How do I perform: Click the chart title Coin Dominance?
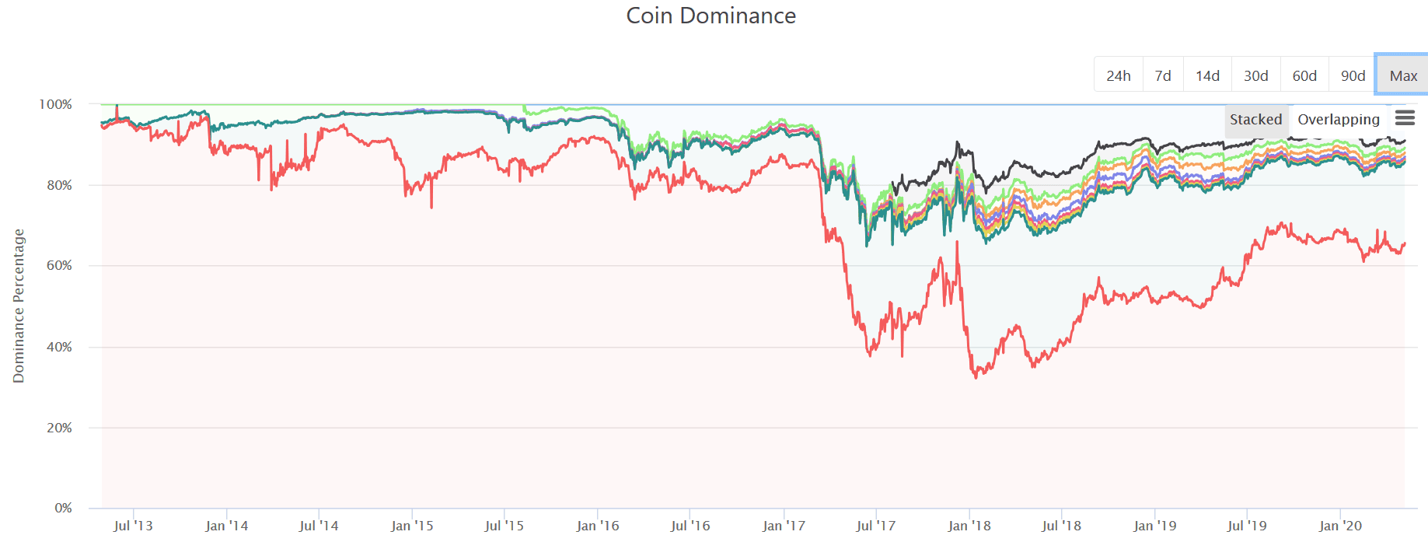[711, 16]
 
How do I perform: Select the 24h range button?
[1118, 75]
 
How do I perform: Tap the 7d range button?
[1162, 75]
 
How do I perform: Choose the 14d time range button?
[1207, 75]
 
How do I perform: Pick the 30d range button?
[1255, 75]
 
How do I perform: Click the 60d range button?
[1304, 75]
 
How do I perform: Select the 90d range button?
[1353, 75]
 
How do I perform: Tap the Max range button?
[1403, 75]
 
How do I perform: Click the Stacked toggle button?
[1255, 120]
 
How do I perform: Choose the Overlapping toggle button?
[1338, 120]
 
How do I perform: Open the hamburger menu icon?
[1405, 118]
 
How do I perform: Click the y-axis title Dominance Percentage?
[19, 306]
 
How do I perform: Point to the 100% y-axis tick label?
[55, 104]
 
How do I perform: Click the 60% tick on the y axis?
[59, 265]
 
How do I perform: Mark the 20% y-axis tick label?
[59, 428]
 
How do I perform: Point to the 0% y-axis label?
[63, 508]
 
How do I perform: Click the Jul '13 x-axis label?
[133, 526]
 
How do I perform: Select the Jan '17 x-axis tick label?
[784, 526]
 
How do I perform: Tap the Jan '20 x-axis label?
[1340, 526]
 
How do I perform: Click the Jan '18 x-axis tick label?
[969, 526]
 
